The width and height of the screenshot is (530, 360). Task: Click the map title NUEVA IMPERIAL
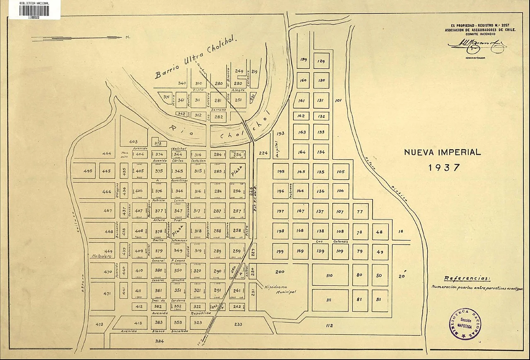click(442, 152)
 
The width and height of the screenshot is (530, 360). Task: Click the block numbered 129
click(321, 61)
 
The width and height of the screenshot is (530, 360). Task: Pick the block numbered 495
click(87, 171)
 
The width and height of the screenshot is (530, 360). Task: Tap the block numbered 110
click(330, 275)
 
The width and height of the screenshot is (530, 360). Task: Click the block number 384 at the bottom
click(160, 341)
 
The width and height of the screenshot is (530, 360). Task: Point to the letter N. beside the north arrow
click(128, 37)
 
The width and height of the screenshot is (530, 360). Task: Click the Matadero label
click(102, 257)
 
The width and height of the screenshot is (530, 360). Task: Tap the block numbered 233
click(238, 324)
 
